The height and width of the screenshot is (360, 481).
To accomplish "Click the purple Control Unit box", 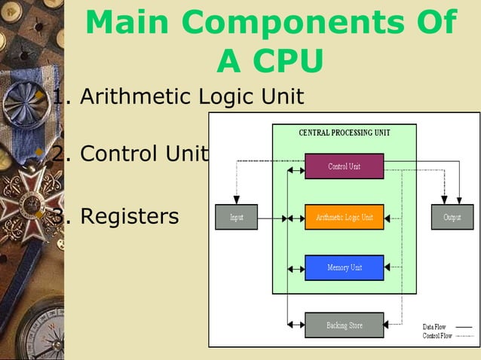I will (344, 166).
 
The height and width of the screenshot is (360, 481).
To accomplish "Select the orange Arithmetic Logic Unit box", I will (344, 217).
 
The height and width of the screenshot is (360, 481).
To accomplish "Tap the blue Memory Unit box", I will (344, 267).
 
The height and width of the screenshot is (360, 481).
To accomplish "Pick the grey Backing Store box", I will (344, 325).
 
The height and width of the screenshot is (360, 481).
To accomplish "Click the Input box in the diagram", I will (236, 217).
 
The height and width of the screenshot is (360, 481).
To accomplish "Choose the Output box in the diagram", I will (452, 217).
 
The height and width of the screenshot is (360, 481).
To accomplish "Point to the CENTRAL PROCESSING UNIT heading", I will (344, 133).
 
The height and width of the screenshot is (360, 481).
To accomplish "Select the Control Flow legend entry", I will (437, 336).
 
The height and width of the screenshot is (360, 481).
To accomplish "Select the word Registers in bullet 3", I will (129, 216).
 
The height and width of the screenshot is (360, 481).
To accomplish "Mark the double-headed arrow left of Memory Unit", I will (296, 267).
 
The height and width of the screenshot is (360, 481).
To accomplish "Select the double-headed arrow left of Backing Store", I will (296, 325).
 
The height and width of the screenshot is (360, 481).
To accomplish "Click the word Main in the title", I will (129, 23).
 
